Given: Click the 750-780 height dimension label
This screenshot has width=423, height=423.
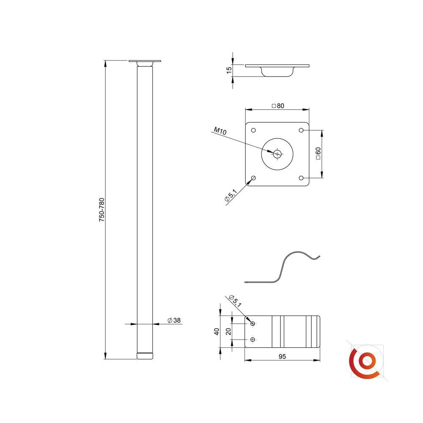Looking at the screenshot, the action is point(102,210).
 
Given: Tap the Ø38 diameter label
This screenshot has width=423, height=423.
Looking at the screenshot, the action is point(174,320).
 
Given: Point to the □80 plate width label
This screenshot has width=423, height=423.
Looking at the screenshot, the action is point(278,106).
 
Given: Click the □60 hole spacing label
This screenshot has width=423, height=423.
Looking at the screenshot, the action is point(318,153).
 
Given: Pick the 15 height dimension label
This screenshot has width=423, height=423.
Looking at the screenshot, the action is point(229,70).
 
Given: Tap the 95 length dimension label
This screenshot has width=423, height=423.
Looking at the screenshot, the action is point(282,356).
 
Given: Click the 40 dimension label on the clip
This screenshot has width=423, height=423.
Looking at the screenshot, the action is point(217,332).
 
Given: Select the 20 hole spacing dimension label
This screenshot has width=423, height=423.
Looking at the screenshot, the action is point(228,332).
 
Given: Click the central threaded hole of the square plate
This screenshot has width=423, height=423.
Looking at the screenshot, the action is point(277,154).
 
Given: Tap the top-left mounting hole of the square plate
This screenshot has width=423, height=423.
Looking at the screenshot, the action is point(253,130).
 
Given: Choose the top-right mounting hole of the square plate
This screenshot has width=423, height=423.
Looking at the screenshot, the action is point(301,130).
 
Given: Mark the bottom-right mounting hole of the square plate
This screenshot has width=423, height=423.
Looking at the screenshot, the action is point(301,178).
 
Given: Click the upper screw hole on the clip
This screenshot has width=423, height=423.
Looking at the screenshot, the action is point(253,324).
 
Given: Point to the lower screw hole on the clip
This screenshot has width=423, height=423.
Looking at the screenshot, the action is point(253,339).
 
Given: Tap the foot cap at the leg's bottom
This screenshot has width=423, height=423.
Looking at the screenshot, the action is point(145,356).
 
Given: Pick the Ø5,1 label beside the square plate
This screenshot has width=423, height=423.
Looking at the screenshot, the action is point(231,195).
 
